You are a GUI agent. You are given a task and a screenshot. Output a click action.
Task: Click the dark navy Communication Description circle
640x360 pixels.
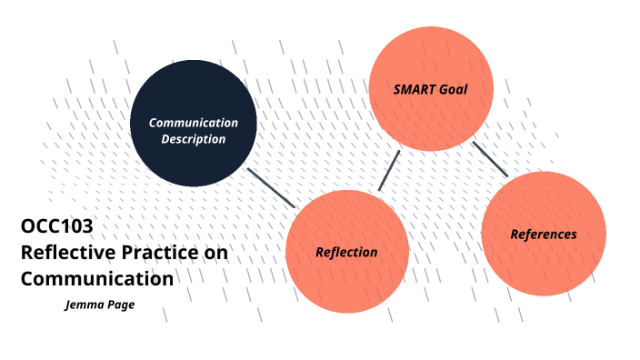click(192, 124)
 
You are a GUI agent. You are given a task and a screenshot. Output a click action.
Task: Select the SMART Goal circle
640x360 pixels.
click(430, 89)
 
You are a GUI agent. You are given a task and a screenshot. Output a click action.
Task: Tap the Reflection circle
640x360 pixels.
click(347, 252)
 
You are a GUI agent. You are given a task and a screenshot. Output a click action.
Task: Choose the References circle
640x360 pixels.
click(543, 233)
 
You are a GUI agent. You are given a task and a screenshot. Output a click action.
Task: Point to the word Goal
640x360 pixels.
click(453, 90)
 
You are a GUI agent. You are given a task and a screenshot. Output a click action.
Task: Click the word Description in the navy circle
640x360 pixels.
click(194, 139)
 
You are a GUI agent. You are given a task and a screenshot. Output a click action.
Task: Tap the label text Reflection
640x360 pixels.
click(346, 252)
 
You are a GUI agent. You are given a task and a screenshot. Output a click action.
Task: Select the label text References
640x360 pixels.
click(543, 234)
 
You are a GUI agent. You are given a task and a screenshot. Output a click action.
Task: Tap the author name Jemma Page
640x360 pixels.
click(100, 305)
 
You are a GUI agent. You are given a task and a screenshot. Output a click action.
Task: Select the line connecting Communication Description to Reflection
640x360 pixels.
click(272, 187)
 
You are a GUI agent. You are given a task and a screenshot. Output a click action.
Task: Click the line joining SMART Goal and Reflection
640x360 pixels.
click(390, 170)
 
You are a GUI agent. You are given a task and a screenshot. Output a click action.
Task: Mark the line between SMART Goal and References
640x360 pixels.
click(490, 158)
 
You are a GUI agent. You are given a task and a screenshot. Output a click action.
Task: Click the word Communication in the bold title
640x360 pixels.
click(96, 277)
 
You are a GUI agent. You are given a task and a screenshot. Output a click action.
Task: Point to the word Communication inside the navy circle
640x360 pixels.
click(194, 123)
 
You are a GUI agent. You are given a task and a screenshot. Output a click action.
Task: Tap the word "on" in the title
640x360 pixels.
click(215, 253)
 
